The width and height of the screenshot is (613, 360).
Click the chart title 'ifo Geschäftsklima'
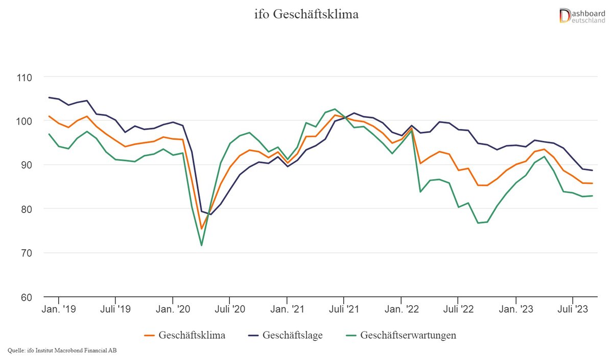pyautogui.click(x=306, y=14)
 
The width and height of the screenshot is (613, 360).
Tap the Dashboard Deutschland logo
pyautogui.click(x=582, y=15)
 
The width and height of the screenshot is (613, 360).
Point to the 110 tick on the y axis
pyautogui.click(x=23, y=78)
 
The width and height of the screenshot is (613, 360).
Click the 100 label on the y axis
pyautogui.click(x=23, y=122)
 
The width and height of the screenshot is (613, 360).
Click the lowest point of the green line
pyautogui.click(x=201, y=245)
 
